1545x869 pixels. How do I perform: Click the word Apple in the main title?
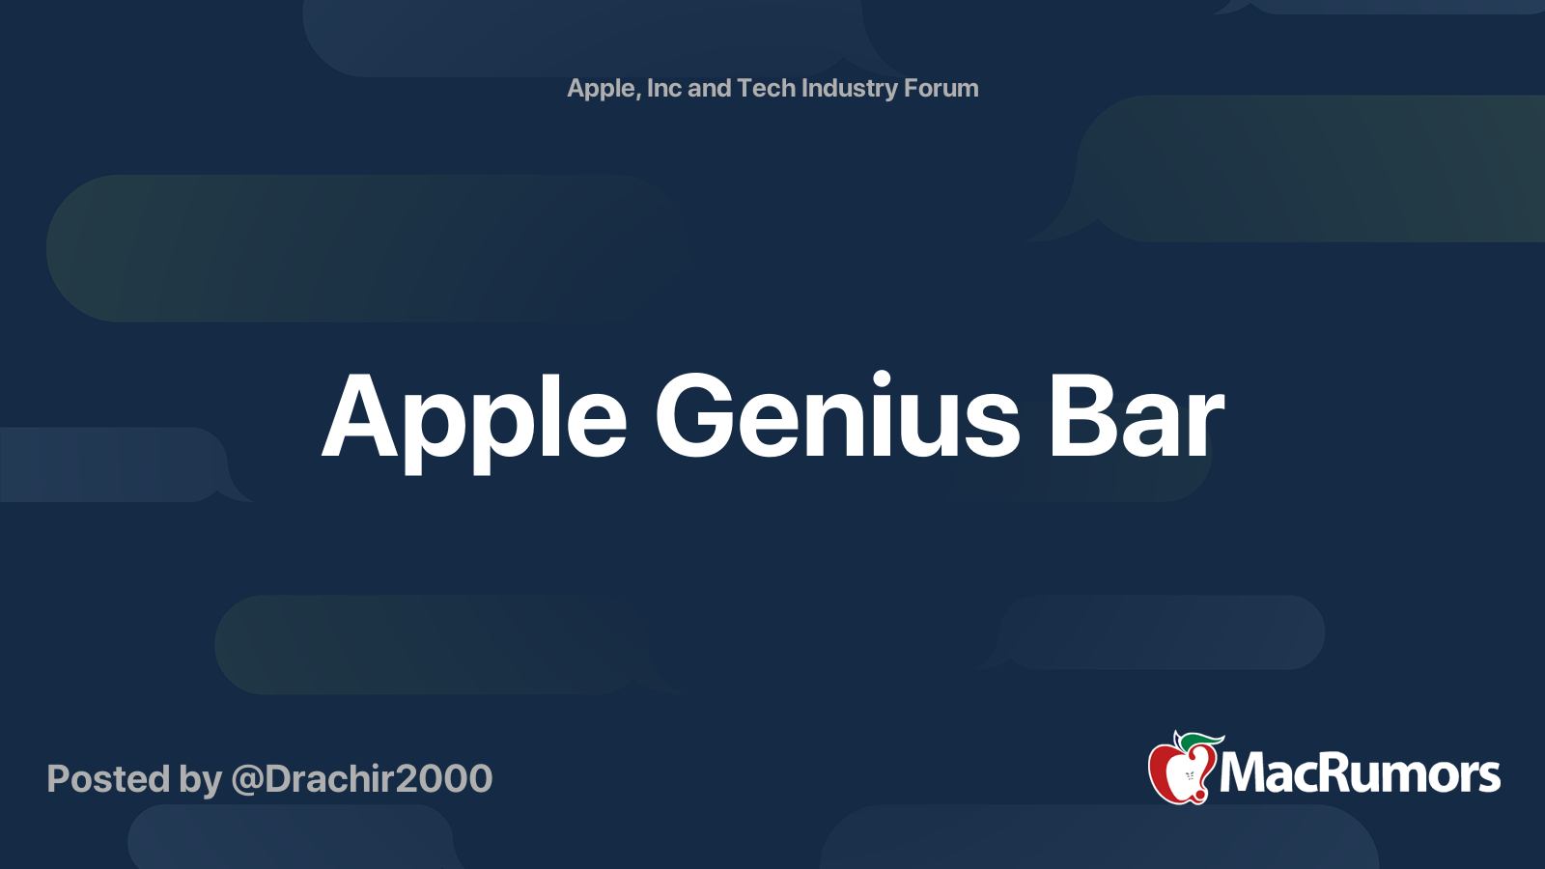click(474, 423)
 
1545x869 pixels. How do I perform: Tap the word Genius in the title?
click(836, 415)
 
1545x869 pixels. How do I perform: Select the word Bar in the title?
click(1137, 416)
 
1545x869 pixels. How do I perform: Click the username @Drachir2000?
click(361, 778)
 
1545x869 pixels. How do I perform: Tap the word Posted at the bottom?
click(107, 778)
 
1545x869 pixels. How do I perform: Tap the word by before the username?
click(200, 780)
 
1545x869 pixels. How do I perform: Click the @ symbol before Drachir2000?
click(247, 780)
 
